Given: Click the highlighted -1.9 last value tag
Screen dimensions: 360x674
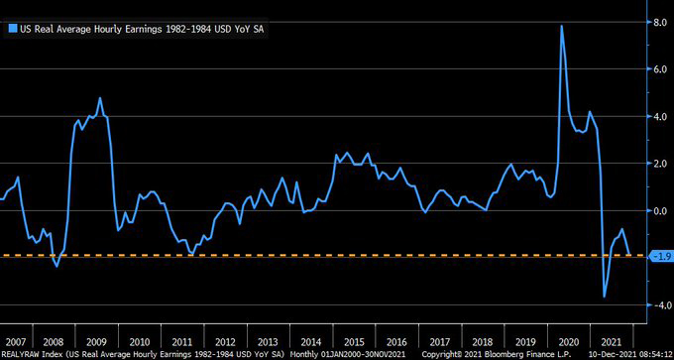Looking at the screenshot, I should click(658, 256).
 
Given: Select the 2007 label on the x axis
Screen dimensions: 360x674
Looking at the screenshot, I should click(16, 338).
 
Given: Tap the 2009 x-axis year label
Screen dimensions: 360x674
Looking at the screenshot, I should click(97, 338).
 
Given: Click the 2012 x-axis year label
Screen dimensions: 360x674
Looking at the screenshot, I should click(225, 338).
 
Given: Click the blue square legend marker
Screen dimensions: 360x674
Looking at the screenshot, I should click(12, 30).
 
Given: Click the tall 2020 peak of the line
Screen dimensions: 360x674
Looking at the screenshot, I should click(562, 26).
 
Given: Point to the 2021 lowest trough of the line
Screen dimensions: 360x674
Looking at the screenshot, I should click(605, 296).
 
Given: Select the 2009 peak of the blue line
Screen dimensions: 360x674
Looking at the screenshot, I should click(100, 98).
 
